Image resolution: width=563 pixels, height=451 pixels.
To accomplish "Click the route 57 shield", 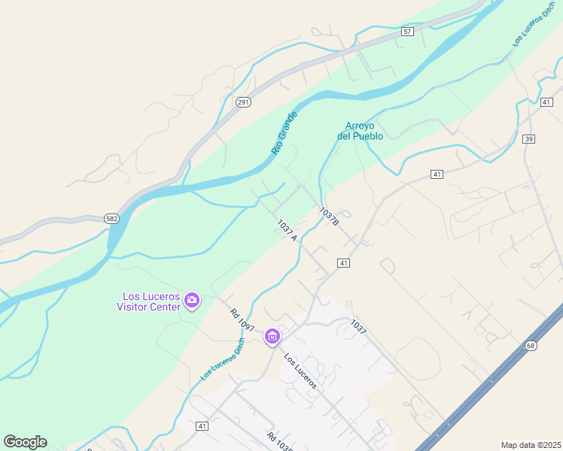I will coord(407,32).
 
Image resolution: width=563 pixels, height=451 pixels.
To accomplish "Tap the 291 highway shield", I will coord(242,102).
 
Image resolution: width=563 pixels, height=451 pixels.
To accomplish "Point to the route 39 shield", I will coord(529,139).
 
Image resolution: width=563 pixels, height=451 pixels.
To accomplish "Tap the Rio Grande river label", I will coord(285,133).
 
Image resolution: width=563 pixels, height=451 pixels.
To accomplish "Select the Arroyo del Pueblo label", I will coord(360,131).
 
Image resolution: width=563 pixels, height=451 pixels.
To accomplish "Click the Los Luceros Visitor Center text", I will coord(148,301).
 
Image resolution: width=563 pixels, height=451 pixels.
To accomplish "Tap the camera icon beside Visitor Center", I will coord(192,301).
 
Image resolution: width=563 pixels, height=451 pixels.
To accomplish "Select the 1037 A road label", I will coord(288,230).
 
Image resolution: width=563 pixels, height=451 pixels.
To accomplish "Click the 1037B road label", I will coord(330,217).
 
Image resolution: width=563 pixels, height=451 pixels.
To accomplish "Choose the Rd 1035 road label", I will coord(278,440).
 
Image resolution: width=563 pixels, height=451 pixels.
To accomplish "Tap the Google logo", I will coord(25,442).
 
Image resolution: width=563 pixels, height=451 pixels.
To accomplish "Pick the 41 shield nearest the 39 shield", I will coord(546,102).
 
